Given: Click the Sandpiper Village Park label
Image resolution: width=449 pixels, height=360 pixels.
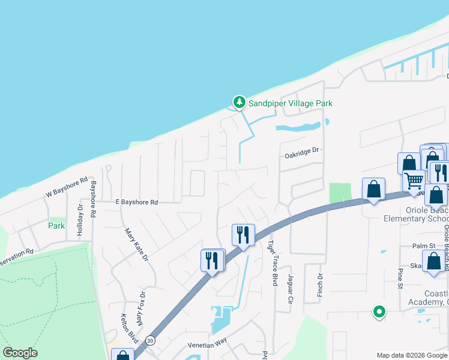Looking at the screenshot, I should coord(291,103).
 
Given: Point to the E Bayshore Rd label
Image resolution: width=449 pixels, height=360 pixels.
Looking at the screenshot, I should coord(136,203).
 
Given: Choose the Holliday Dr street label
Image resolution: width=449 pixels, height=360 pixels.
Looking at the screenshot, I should coord(80,214).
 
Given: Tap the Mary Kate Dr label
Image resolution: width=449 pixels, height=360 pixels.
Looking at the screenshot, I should coord(136,244).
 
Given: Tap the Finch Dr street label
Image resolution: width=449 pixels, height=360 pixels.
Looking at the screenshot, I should coord(320,284).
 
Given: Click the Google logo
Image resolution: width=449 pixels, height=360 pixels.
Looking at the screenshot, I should coord(20,353).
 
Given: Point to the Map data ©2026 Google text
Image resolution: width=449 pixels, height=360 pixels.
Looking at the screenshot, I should coord(411,355).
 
